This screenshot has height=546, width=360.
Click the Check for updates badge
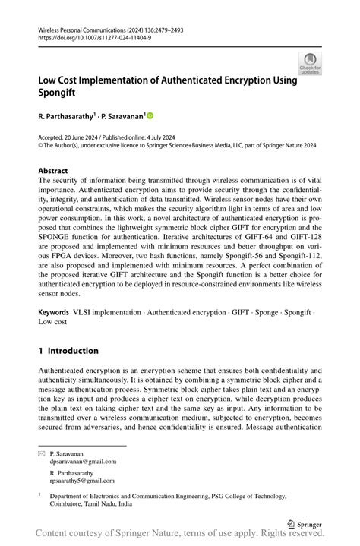pyautogui.click(x=309, y=64)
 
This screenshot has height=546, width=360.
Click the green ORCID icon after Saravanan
pyautogui.click(x=150, y=116)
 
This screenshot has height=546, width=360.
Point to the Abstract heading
pyautogui.click(x=52, y=172)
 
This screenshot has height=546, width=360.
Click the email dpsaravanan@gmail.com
pyautogui.click(x=83, y=461)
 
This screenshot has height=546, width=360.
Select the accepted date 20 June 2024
pyautogui.click(x=85, y=137)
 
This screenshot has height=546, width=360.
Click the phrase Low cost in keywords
pyautogui.click(x=53, y=343)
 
